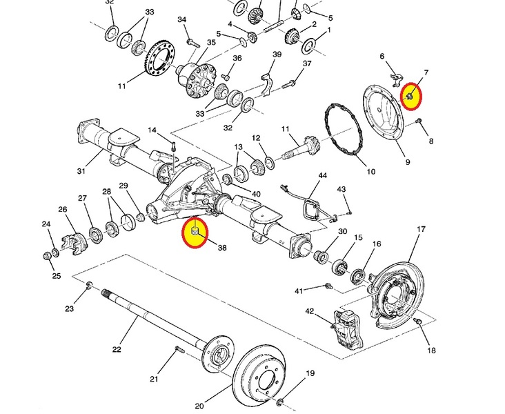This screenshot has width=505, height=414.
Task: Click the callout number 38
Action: click(x=222, y=248)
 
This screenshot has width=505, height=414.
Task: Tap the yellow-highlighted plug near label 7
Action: click(x=410, y=97)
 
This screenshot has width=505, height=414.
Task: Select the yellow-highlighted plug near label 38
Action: click(x=195, y=231)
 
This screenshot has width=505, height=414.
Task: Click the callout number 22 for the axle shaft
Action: click(x=117, y=349)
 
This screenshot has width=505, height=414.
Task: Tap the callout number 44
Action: click(x=322, y=175)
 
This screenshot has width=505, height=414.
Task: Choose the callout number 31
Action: click(x=81, y=170)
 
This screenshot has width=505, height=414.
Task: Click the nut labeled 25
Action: click(x=47, y=256)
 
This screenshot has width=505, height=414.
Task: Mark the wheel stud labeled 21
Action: click(x=179, y=349)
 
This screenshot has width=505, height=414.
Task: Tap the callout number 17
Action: click(x=421, y=229)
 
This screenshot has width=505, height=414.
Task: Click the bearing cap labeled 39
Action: click(x=268, y=85)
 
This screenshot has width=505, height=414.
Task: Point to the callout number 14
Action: click(x=152, y=130)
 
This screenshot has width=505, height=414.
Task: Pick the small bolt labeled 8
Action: click(x=419, y=121)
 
